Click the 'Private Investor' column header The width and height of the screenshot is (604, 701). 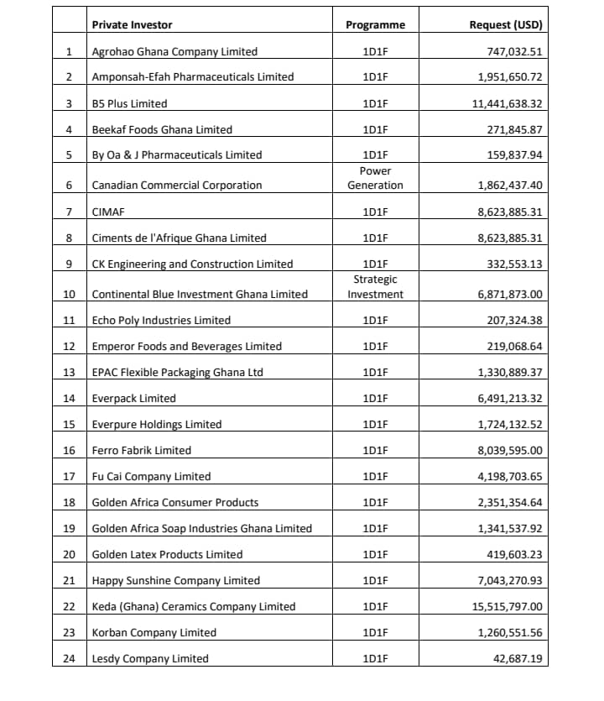[132, 25]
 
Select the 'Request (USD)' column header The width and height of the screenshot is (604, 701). [505, 25]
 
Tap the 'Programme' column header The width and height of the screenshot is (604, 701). [375, 25]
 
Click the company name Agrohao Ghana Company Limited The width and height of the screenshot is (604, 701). [174, 52]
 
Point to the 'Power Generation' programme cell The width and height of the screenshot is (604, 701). [375, 178]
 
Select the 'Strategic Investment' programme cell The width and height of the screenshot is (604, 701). [375, 286]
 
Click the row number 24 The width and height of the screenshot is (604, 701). [70, 659]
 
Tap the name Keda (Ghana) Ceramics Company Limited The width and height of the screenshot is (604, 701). [194, 607]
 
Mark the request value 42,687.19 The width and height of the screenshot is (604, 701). [518, 659]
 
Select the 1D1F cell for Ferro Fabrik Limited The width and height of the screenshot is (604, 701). [375, 451]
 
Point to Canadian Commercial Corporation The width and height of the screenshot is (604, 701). [177, 186]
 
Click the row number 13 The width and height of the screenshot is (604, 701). [70, 373]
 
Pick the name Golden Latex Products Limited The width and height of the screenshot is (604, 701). [167, 555]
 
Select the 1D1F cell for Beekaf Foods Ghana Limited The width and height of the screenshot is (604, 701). [375, 130]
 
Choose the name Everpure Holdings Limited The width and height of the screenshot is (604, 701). [157, 425]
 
